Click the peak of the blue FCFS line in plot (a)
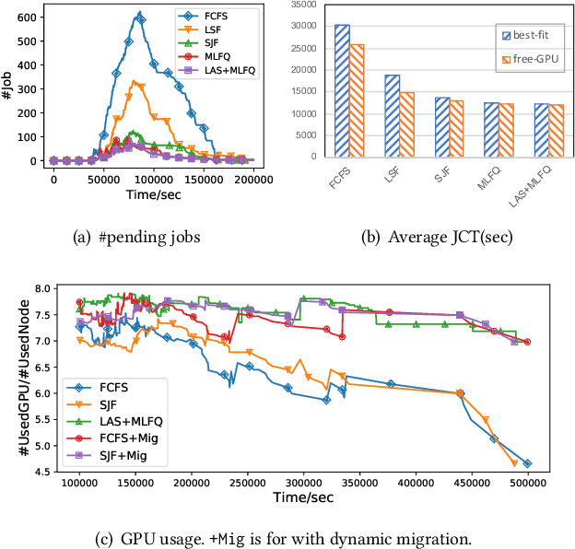139,14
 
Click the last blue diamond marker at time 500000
527,463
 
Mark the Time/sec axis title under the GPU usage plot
303,498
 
